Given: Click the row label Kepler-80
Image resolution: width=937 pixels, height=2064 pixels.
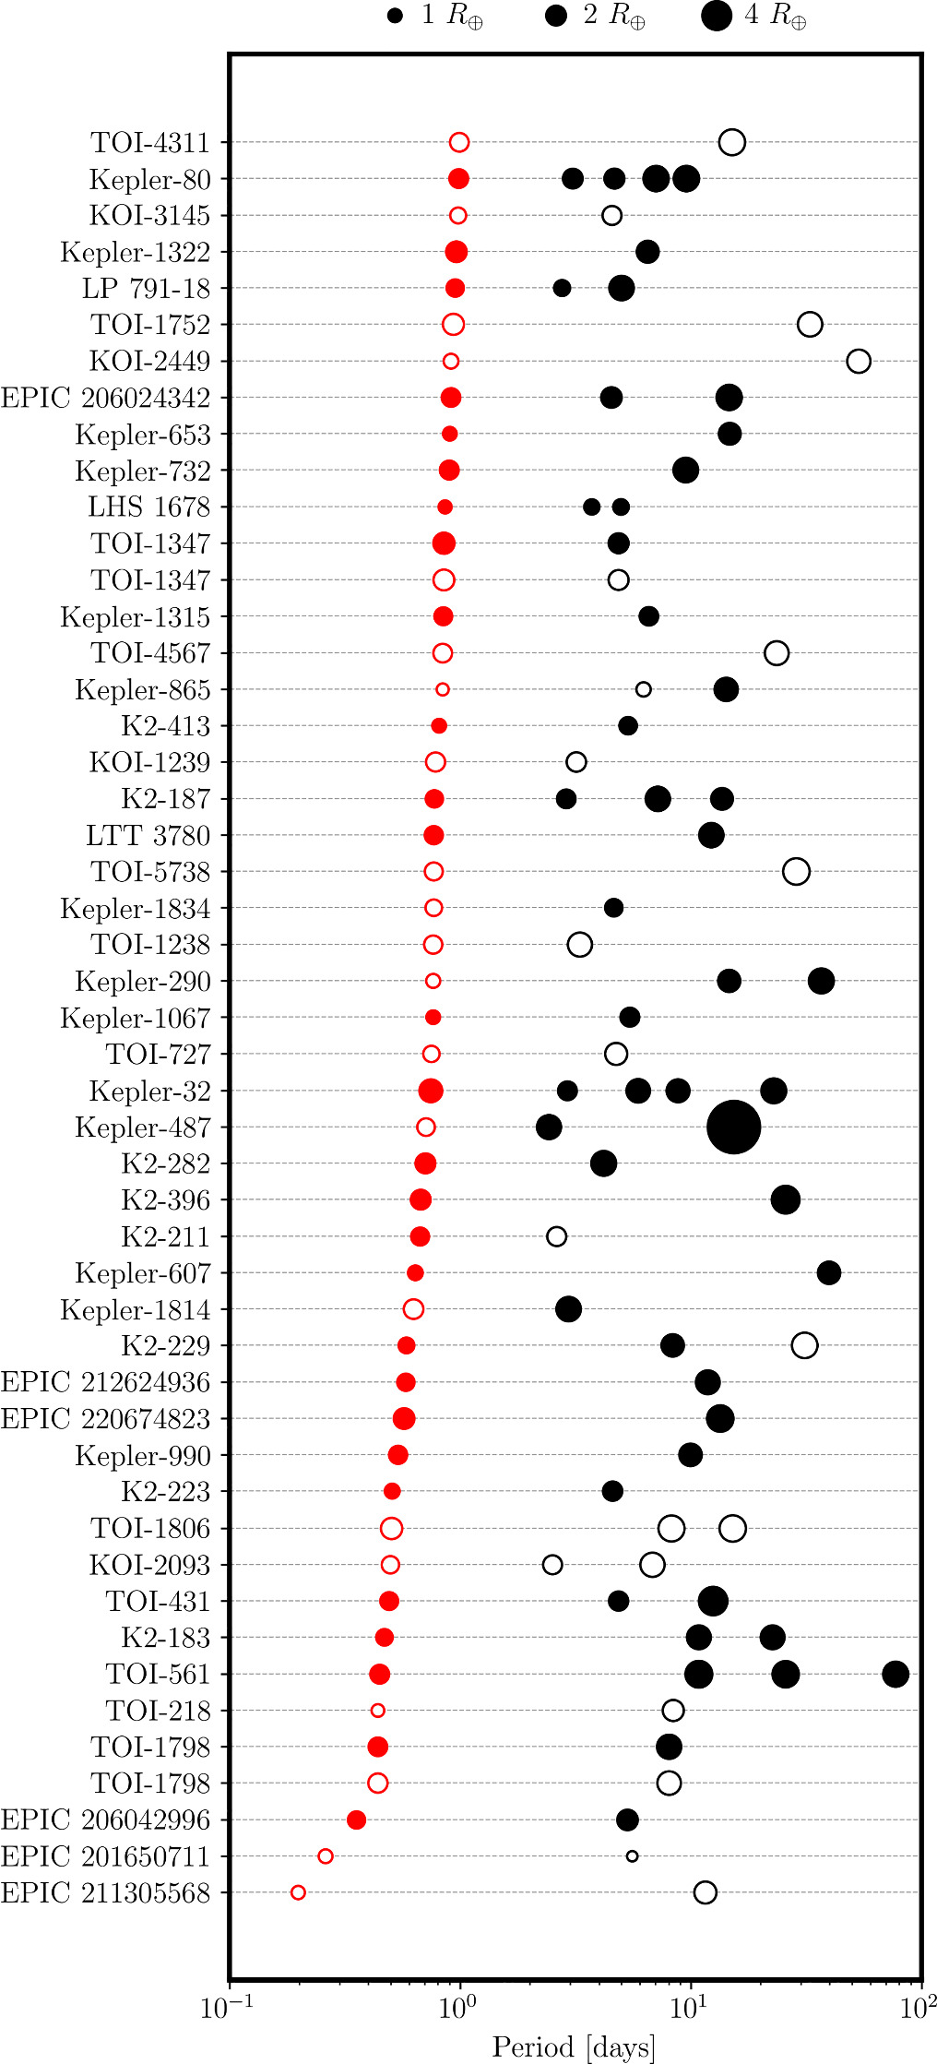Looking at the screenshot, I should pos(149,179).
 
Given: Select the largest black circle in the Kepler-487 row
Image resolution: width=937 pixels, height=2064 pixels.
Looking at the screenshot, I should pos(733,1127).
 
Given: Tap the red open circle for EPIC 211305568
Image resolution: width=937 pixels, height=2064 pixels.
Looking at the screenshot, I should pos(298,1892).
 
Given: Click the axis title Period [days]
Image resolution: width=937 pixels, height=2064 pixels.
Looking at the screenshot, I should pos(574,2046).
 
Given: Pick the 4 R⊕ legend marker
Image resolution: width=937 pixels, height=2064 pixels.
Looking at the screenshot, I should pos(717,16).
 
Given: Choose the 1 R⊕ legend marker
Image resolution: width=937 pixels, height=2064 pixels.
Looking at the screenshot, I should pos(396,16).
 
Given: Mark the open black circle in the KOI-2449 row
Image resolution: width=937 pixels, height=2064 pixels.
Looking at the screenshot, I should pos(859,361).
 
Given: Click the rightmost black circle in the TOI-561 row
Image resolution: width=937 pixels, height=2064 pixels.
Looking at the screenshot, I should pos(895,1674).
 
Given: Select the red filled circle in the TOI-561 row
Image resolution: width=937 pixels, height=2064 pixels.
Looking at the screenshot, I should pos(379,1674).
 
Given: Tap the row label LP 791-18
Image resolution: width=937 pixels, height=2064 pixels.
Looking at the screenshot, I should pos(146,288).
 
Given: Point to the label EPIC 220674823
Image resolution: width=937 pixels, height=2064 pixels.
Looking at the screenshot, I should pos(105,1418).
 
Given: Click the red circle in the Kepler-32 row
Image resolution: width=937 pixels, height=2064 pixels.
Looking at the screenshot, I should pos(431,1091).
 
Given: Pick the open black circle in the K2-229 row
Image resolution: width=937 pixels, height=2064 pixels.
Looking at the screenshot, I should pos(804,1345).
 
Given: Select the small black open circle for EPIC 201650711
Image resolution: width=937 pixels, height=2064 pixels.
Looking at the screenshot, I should pos(632,1856).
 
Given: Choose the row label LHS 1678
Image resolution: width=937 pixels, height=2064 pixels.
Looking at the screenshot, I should pos(148,507).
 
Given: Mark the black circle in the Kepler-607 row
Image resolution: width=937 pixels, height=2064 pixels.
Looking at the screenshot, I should pos(829,1272).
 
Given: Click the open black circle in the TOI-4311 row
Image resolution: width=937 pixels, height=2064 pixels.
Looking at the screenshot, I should pos(732,142).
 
